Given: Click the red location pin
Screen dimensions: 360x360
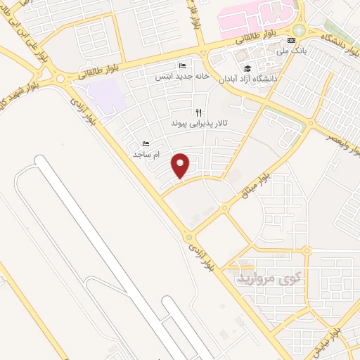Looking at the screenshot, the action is tap(181, 165).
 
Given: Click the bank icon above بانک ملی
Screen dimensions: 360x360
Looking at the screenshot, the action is tap(291, 40).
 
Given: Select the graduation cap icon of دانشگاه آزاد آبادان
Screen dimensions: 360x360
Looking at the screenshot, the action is tap(247, 68).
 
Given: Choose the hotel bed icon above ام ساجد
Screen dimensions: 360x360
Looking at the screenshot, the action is tap(146, 144).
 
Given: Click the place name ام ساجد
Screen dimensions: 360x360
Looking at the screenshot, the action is tap(146, 154).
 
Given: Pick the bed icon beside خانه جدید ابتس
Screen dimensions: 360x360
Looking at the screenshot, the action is tap(182, 66).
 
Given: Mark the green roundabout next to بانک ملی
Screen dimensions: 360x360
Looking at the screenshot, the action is tap(300, 30).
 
